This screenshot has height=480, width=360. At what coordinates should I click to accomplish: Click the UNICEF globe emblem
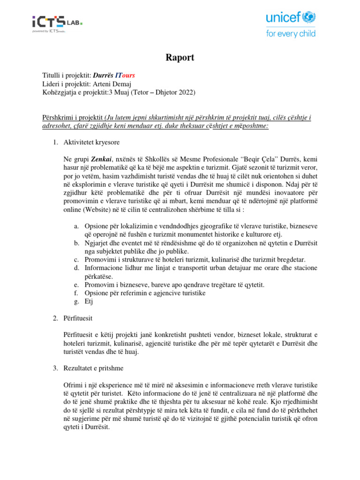(x=308, y=18)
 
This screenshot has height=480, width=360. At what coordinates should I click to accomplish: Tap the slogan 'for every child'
(x=291, y=33)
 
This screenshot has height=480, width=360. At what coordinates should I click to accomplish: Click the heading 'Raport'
(x=180, y=58)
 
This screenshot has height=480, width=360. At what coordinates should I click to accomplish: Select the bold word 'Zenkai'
(x=103, y=159)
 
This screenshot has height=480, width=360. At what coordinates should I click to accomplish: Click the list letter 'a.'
(x=76, y=226)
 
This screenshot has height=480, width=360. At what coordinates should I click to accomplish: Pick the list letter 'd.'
(x=76, y=268)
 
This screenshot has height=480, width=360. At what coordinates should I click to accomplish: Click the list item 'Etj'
(x=89, y=302)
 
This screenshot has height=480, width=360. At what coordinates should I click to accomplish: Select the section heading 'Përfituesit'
(x=78, y=318)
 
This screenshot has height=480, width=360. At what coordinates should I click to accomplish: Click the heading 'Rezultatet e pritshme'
(x=94, y=368)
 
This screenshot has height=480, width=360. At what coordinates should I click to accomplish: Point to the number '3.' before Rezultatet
(x=55, y=368)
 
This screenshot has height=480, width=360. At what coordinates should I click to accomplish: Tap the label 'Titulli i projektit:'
(x=67, y=75)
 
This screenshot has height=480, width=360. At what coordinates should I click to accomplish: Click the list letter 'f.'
(x=76, y=293)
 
